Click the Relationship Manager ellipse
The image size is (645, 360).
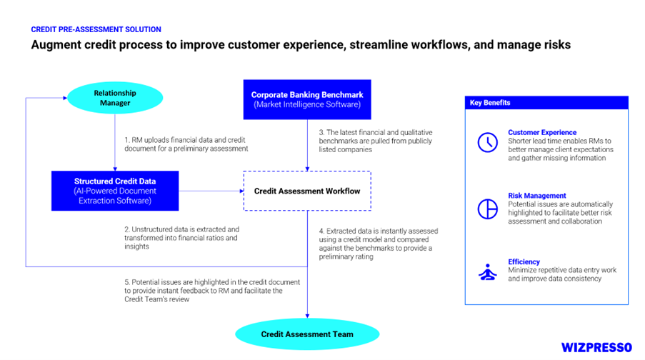click(x=115, y=98)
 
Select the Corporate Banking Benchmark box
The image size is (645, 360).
click(x=307, y=99)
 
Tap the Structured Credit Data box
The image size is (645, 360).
click(x=115, y=191)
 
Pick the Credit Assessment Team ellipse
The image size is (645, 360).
click(x=307, y=334)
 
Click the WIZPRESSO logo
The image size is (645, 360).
click(x=596, y=348)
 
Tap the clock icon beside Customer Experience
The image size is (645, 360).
click(x=488, y=142)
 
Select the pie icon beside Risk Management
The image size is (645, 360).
click(x=488, y=209)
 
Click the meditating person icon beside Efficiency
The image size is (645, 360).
click(x=488, y=272)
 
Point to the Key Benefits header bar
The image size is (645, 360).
click(x=546, y=103)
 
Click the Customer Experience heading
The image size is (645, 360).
click(x=542, y=132)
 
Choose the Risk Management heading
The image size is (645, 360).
click(x=537, y=196)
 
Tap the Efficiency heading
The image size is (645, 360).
click(x=524, y=261)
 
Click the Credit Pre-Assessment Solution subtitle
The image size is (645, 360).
click(x=96, y=29)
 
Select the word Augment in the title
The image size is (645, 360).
click(x=56, y=45)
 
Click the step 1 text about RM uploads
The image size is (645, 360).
click(x=186, y=144)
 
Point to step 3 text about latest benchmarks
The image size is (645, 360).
click(x=376, y=141)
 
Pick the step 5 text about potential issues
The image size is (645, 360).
click(x=212, y=291)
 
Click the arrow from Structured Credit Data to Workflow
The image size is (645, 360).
click(x=211, y=191)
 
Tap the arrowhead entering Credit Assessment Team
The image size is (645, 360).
click(x=307, y=316)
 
